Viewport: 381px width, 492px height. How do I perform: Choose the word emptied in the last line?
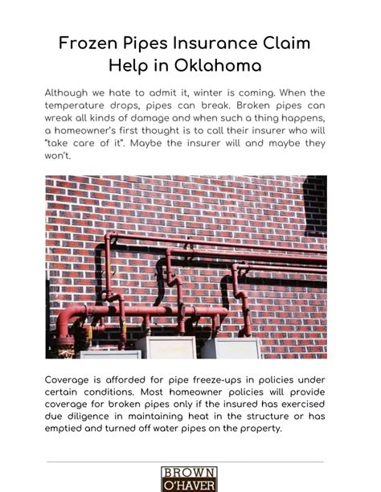click(68, 428)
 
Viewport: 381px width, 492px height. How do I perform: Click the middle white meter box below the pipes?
click(165, 347)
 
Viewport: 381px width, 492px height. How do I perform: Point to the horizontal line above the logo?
click(185, 461)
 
